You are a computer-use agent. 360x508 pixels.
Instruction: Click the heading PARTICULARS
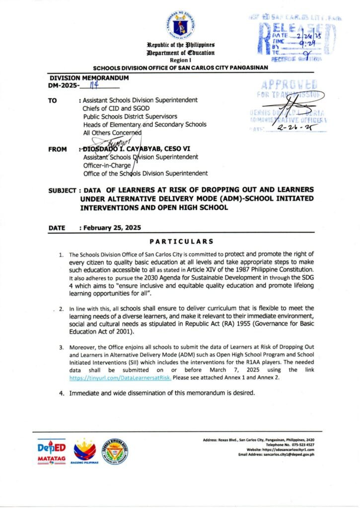click(x=181, y=242)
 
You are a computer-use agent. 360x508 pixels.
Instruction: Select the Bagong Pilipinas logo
click(x=85, y=451)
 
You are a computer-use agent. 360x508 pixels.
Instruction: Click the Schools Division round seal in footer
click(x=115, y=450)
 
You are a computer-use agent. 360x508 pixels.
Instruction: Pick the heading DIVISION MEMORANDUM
click(x=89, y=78)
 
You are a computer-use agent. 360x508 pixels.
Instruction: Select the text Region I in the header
click(x=180, y=59)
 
